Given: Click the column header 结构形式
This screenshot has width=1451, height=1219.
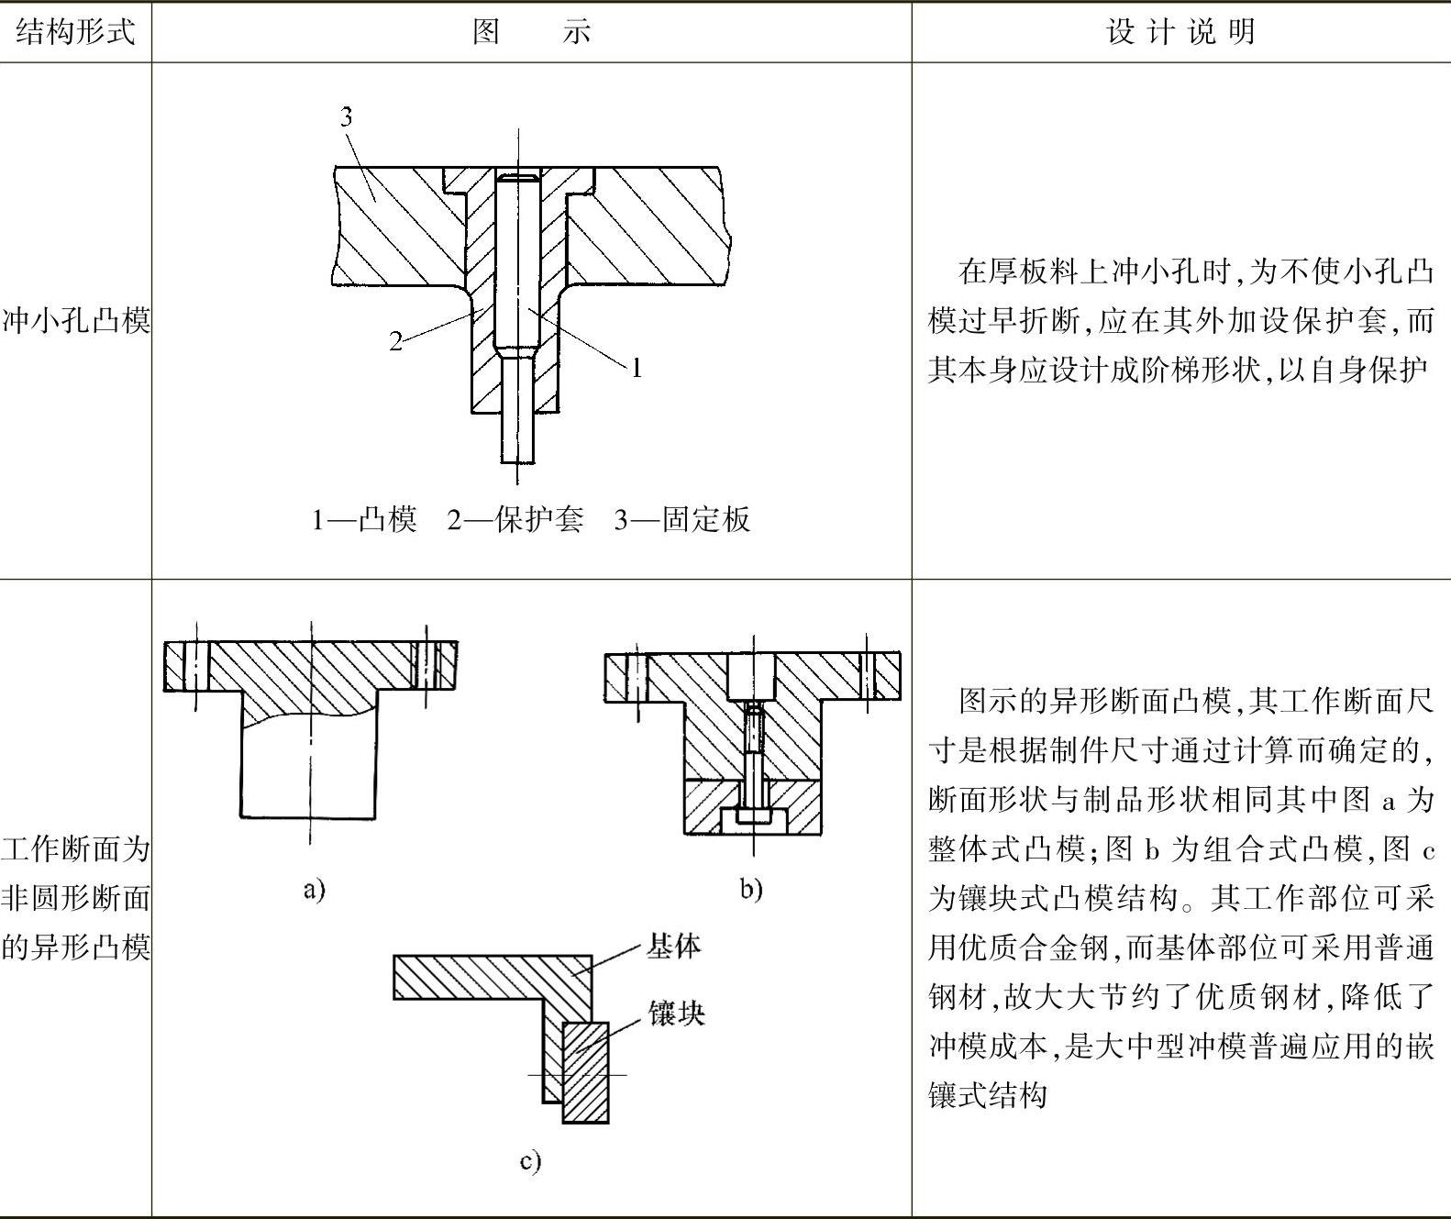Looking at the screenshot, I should (75, 32).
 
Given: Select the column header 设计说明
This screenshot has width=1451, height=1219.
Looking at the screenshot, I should (1180, 32).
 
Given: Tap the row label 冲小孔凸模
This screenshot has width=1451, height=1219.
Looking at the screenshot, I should (75, 321).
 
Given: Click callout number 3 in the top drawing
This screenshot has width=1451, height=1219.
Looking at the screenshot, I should (346, 116).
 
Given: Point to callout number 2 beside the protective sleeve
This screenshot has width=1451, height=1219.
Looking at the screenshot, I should (395, 341).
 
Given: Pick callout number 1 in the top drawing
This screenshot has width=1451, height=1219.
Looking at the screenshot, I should (636, 369).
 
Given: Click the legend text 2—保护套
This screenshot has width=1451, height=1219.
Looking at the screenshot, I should (515, 520).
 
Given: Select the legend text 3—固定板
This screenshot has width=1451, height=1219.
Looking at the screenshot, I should (682, 520).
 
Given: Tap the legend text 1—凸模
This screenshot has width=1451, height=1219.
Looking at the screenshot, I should (364, 520).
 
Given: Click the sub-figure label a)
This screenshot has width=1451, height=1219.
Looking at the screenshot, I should (314, 889).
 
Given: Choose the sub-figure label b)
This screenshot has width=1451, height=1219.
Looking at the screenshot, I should (751, 889).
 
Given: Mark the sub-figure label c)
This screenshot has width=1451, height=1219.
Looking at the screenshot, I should (530, 1161).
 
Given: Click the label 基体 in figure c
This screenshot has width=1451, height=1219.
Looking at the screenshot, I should (674, 946).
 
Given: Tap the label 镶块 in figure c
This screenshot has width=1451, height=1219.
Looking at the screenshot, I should (677, 1014).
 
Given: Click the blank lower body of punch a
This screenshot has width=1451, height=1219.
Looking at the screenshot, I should (308, 770).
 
